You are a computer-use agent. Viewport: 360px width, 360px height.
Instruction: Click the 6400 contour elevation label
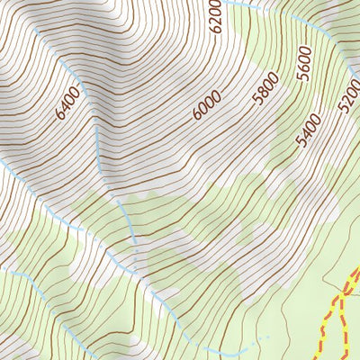[x=67, y=103]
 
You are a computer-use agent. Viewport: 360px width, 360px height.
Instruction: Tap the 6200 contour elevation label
[x=215, y=17]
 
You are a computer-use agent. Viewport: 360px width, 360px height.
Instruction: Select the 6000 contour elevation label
[x=206, y=107]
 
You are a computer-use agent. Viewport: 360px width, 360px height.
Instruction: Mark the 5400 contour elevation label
[x=308, y=131]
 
